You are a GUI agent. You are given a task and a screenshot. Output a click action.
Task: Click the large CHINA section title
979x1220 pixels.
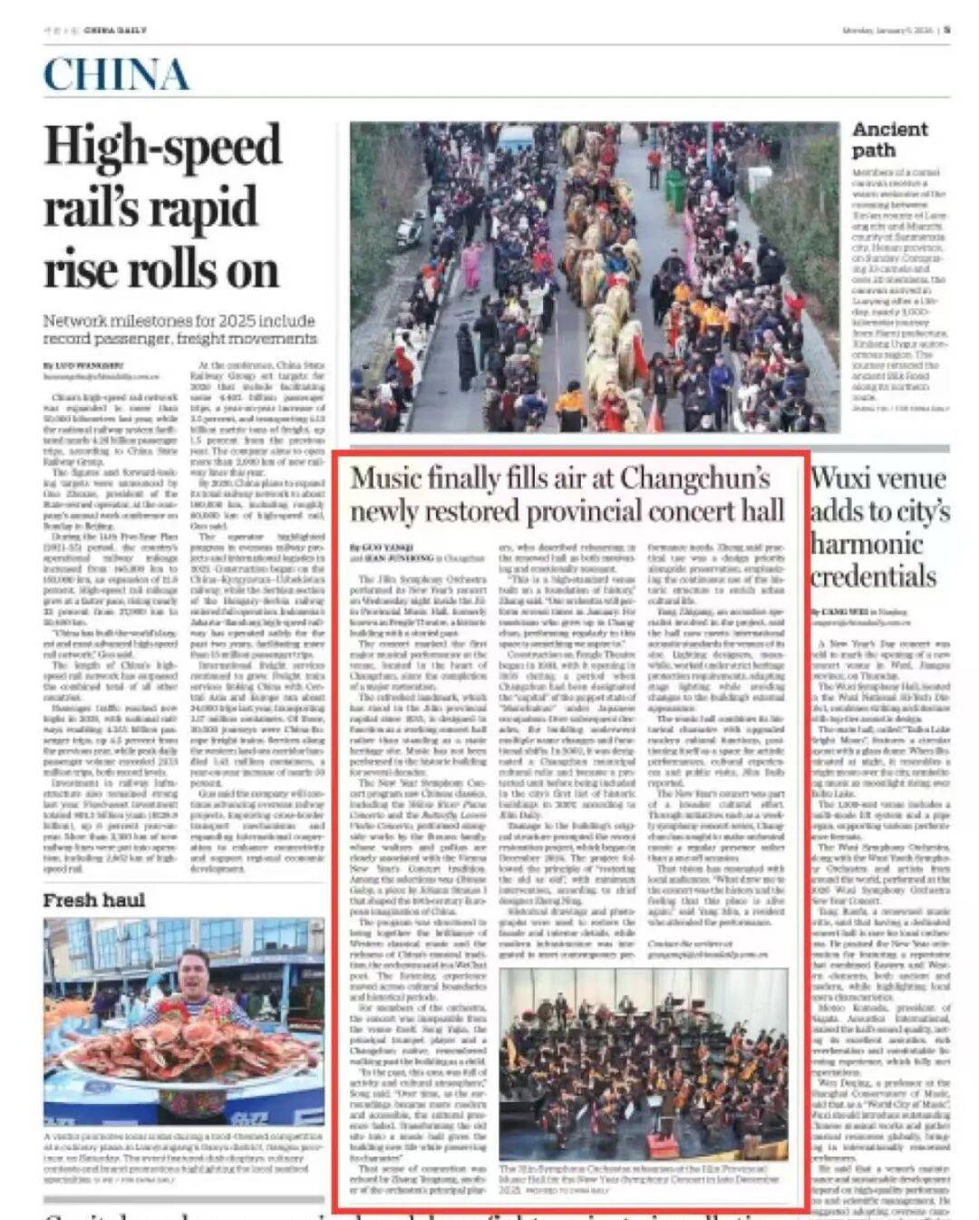116,74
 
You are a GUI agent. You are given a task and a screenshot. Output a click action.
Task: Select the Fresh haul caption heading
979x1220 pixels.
94,899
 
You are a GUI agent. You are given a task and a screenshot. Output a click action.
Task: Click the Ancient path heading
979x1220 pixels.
889,140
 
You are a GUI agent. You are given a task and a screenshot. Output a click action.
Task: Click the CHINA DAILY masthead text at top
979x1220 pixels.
115,30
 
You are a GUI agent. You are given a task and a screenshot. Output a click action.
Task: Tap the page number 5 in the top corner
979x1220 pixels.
946,29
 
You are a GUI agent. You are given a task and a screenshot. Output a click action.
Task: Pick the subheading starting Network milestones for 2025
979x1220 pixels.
179,329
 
